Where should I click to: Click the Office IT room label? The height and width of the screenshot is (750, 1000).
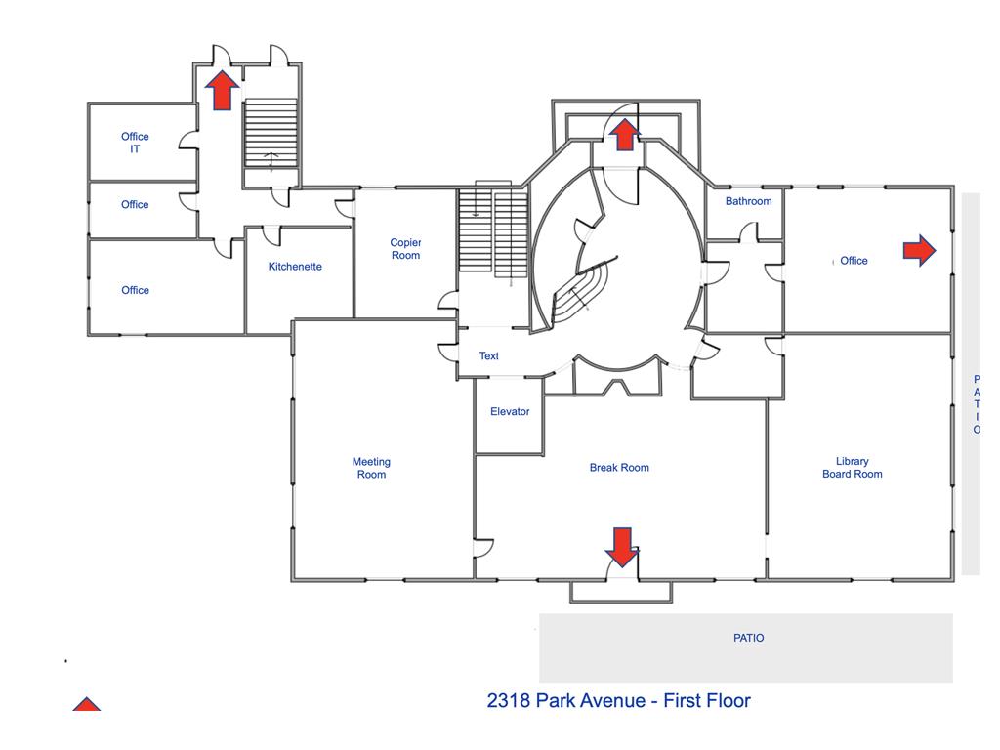pyautogui.click(x=135, y=143)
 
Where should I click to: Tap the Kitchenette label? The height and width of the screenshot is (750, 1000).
pyautogui.click(x=295, y=267)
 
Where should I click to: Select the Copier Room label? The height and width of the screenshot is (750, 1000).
pyautogui.click(x=405, y=249)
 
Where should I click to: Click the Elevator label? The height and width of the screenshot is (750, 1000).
pyautogui.click(x=510, y=412)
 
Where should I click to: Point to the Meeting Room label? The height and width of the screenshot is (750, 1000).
pyautogui.click(x=371, y=468)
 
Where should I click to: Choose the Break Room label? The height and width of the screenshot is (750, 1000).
pyautogui.click(x=619, y=468)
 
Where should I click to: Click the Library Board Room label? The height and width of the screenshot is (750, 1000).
pyautogui.click(x=852, y=468)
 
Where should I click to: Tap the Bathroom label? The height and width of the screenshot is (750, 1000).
pyautogui.click(x=748, y=202)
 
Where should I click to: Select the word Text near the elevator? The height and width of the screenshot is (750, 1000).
pyautogui.click(x=489, y=356)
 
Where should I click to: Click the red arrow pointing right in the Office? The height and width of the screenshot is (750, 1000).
pyautogui.click(x=918, y=251)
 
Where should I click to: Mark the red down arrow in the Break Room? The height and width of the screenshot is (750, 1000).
pyautogui.click(x=622, y=546)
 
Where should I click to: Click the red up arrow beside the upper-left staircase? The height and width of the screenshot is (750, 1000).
pyautogui.click(x=223, y=90)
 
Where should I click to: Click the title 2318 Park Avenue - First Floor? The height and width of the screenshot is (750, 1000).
pyautogui.click(x=618, y=700)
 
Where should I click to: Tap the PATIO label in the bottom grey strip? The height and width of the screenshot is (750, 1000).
pyautogui.click(x=748, y=639)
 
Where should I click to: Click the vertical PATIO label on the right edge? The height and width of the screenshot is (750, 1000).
pyautogui.click(x=976, y=404)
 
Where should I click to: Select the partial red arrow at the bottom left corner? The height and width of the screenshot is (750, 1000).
pyautogui.click(x=87, y=705)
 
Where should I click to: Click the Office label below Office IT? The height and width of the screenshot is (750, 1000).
pyautogui.click(x=135, y=205)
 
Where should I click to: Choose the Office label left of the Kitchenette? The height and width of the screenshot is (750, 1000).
pyautogui.click(x=135, y=290)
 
